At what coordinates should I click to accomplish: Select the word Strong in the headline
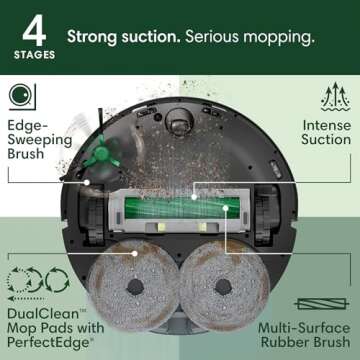coord(93,37)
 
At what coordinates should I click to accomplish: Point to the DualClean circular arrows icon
coord(27,282)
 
